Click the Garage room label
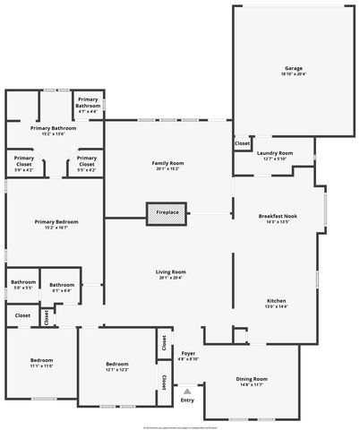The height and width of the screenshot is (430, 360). coord(293,70)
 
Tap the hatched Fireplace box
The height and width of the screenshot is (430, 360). coord(167,212)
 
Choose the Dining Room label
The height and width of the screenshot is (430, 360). coord(252,381)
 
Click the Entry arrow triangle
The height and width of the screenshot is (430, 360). coord(187,391)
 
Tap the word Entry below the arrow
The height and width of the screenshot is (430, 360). coord(187,400)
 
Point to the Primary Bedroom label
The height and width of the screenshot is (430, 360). coord(56,224)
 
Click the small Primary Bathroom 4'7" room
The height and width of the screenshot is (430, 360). coord(88,105)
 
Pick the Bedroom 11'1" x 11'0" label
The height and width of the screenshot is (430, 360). coord(42,363)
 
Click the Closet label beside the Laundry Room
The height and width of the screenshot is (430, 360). coord(242,143)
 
